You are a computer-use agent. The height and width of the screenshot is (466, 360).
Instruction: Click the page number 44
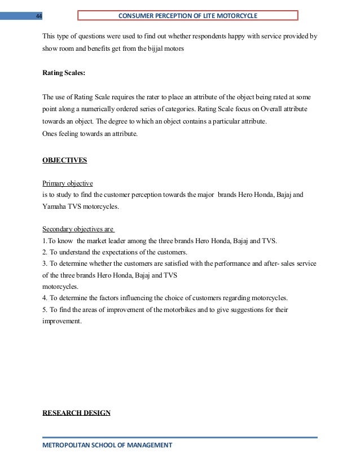click(x=38, y=16)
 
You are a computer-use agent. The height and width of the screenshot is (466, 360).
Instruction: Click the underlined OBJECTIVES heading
click(x=65, y=160)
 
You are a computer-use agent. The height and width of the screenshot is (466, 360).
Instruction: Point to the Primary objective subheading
click(x=68, y=183)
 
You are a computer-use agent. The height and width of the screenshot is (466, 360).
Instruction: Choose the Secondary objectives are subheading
click(x=78, y=229)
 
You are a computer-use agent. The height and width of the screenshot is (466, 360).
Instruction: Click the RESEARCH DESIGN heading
click(x=77, y=413)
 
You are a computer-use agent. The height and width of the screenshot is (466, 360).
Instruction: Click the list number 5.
click(x=45, y=309)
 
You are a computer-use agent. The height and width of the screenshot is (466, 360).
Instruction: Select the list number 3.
click(x=45, y=263)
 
